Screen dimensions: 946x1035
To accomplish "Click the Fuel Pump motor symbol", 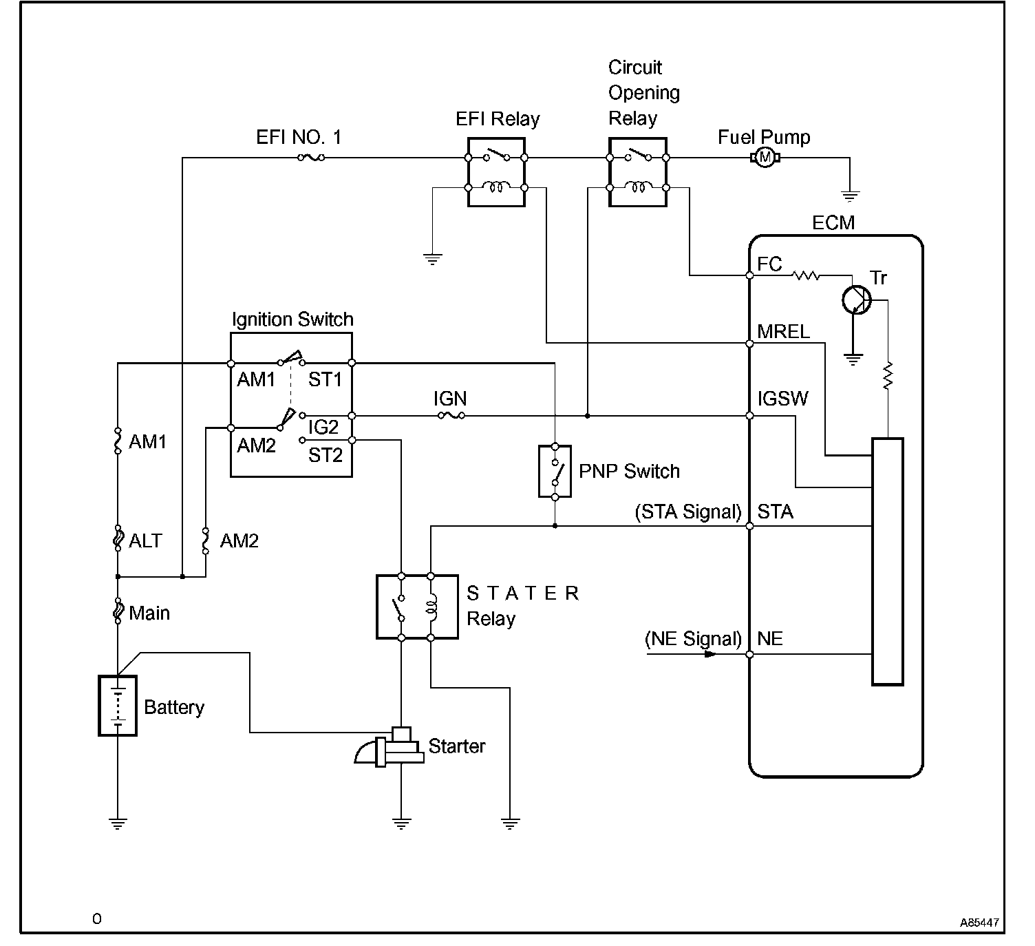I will pos(764,158).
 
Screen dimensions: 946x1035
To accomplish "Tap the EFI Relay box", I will pos(496,172).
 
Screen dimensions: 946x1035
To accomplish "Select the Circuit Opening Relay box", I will pos(638,172).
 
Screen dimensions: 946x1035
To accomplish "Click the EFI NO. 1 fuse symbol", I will pos(311,158).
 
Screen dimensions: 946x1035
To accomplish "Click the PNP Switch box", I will pos(555,472).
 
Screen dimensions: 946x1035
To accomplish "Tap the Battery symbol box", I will pos(118,706).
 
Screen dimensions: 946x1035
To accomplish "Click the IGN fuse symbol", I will pos(451,416).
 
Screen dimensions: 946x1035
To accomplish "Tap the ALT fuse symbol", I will pos(118,539).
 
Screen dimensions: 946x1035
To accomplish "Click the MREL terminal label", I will pos(783,332).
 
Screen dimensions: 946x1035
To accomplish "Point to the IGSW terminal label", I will pos(782,399).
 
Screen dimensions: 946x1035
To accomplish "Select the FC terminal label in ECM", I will pos(769,264).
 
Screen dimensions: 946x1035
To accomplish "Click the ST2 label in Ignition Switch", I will pos(325,455).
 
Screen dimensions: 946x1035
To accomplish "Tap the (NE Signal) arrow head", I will pos(710,654).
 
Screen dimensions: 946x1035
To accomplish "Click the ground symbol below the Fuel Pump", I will pos(850,196).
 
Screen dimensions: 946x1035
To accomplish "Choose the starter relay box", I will pos(417,607).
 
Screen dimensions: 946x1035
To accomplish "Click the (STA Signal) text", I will pos(689,512).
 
